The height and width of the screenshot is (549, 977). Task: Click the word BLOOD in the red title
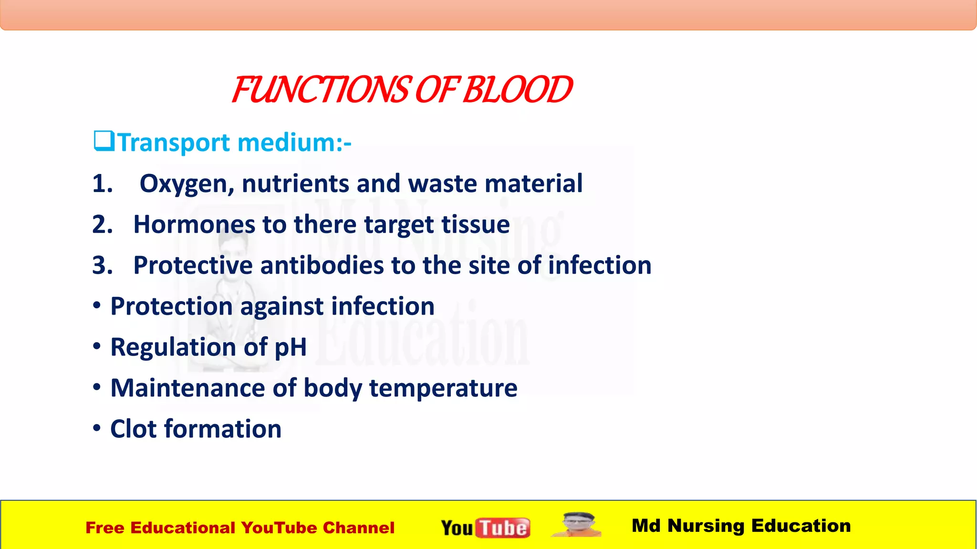(x=517, y=90)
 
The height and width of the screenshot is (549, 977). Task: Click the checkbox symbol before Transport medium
(x=104, y=141)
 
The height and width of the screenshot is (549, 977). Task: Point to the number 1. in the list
(x=103, y=183)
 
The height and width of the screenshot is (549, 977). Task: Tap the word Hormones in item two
(x=194, y=224)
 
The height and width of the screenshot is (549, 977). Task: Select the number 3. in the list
(x=103, y=265)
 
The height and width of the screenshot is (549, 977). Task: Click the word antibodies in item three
(x=322, y=265)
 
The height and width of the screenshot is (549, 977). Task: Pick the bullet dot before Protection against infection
(x=97, y=305)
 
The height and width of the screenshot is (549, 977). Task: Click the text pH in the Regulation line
(x=291, y=347)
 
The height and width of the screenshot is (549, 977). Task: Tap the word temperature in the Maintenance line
(x=443, y=388)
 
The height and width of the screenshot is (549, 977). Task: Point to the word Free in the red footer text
(x=104, y=528)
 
